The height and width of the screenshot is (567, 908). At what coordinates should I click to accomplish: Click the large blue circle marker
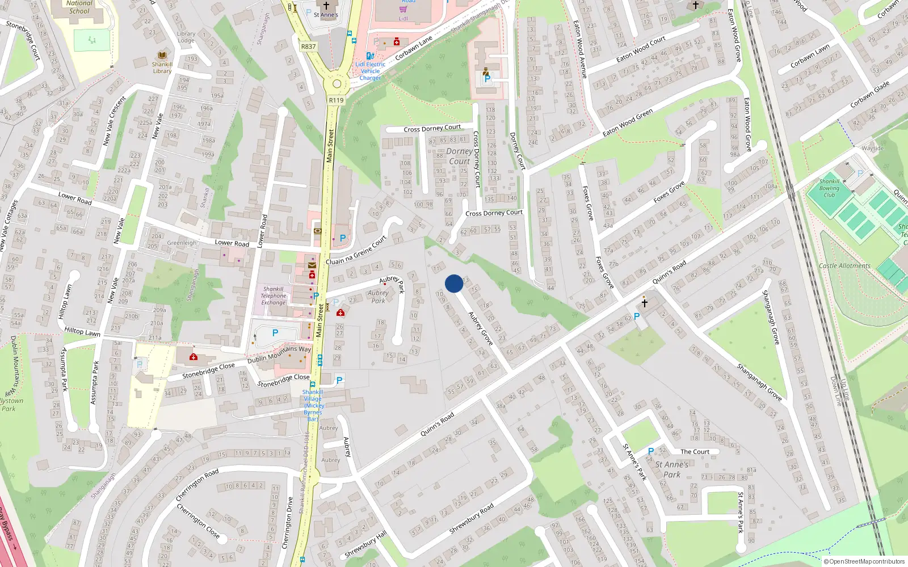point(454,283)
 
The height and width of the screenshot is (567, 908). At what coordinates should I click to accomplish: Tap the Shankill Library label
point(162,67)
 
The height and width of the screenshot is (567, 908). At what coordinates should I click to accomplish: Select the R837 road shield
point(309,46)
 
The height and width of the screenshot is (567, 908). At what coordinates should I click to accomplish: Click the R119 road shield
point(336,100)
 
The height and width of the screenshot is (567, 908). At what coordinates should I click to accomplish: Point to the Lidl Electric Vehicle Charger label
point(370,71)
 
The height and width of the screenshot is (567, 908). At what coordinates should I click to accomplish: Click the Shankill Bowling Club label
point(829,188)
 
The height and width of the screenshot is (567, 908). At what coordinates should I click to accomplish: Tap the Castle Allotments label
point(844,265)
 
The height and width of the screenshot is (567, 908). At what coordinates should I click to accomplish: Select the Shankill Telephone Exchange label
point(273,295)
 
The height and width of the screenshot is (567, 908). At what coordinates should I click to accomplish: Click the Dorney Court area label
point(460,156)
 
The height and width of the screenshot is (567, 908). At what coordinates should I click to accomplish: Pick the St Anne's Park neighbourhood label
point(672,469)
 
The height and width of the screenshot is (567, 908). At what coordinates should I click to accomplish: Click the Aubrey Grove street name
point(480,328)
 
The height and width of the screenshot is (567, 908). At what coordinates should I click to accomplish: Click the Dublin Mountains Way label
point(279,355)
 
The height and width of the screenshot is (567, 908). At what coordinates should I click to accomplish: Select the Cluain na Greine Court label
point(356,251)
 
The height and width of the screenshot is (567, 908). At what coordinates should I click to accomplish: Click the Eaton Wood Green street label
point(628,122)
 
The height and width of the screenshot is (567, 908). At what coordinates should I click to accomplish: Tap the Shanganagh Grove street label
point(759,383)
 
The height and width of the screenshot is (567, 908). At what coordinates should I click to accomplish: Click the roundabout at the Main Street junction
point(336,84)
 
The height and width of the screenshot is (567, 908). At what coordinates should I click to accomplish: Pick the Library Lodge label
point(186,37)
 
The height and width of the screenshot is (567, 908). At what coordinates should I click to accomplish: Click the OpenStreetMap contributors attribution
point(864,561)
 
